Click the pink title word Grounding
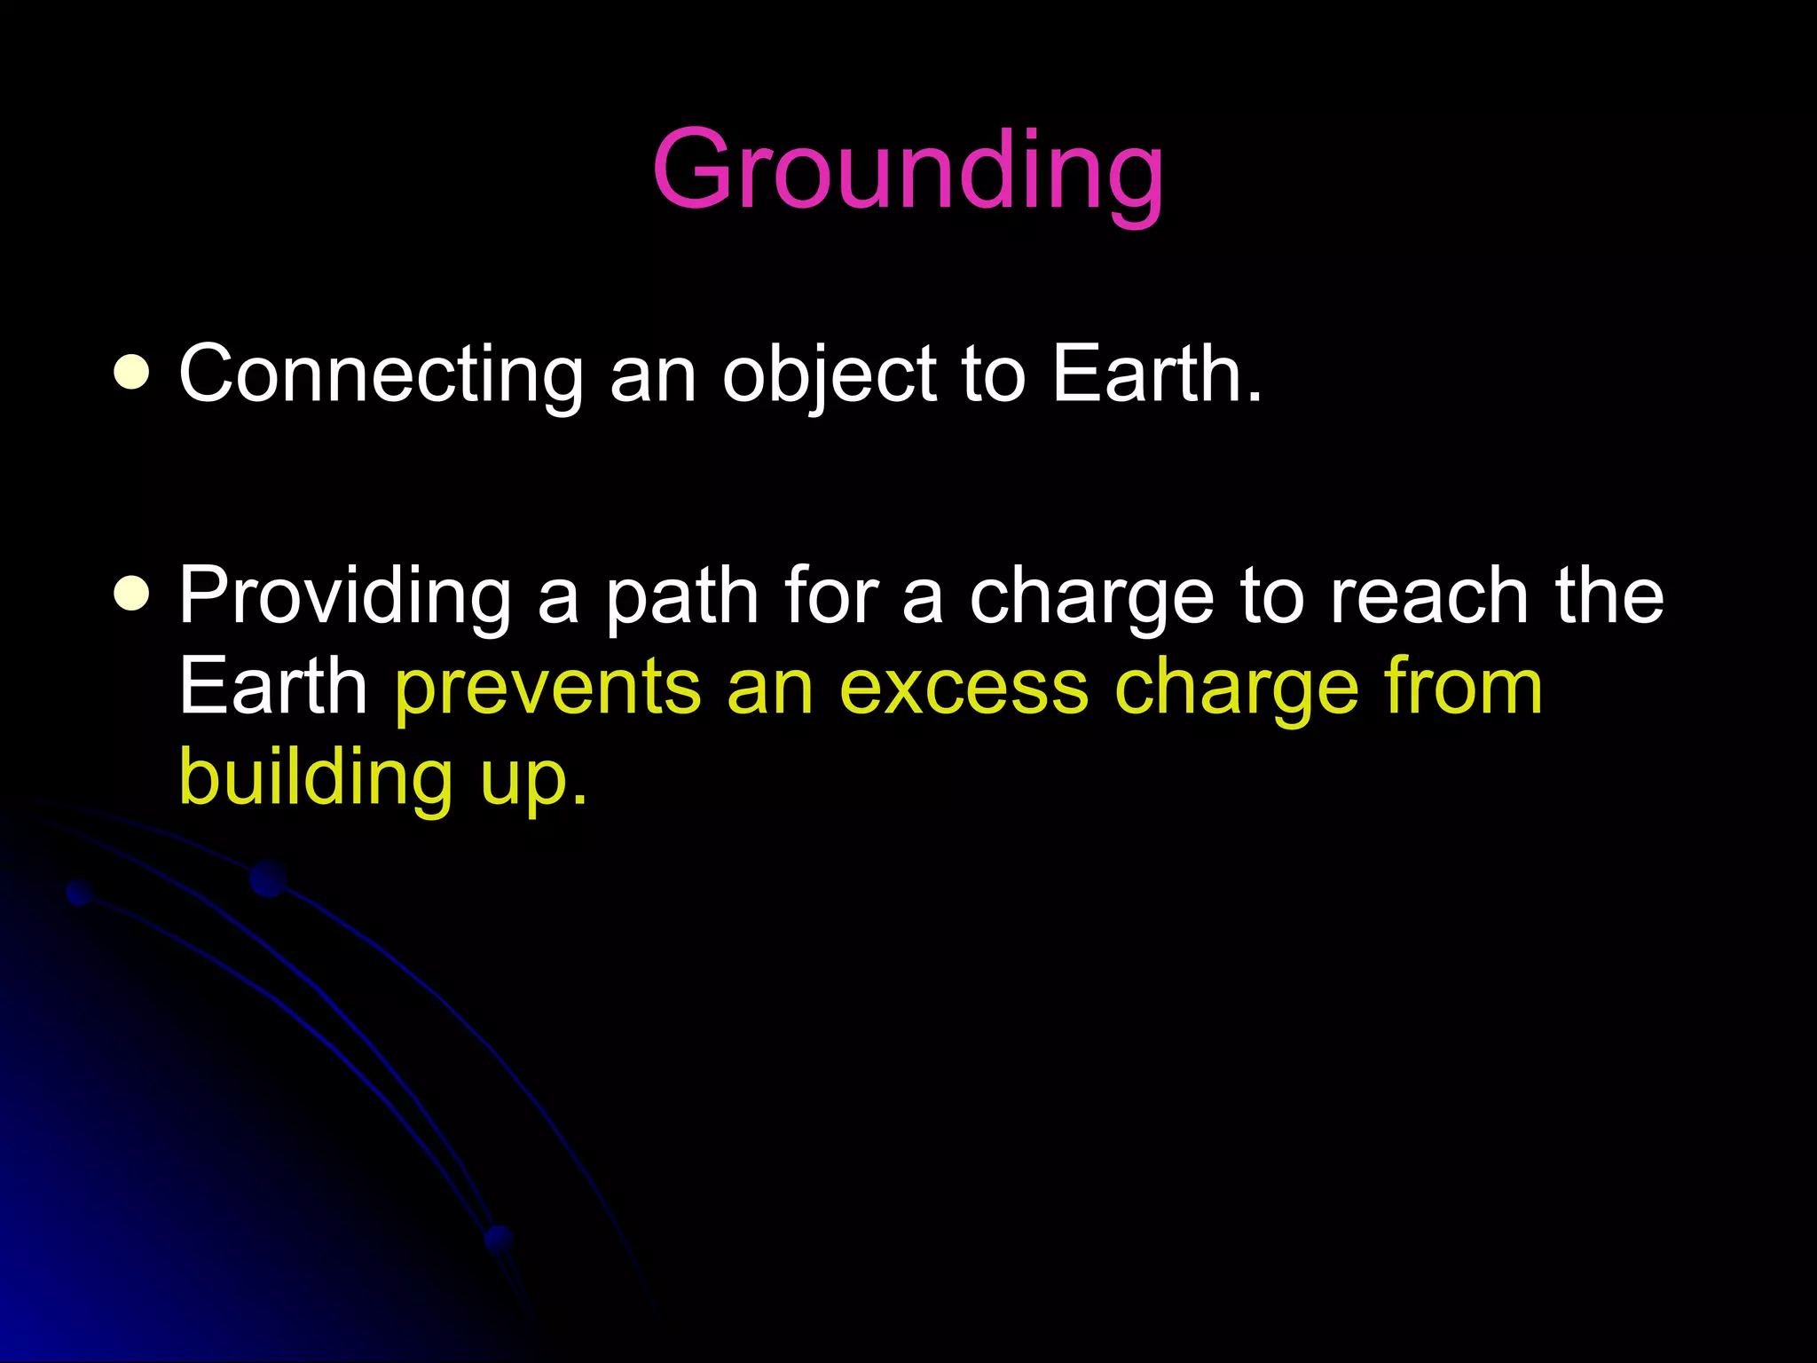pos(907,170)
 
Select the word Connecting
pos(381,376)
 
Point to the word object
pos(829,376)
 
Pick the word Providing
pos(345,598)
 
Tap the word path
pos(681,598)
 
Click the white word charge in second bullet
pos(1091,598)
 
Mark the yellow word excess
pos(964,688)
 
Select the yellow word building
pos(316,779)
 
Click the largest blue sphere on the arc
pos(268,878)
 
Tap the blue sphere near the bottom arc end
pos(499,1238)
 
